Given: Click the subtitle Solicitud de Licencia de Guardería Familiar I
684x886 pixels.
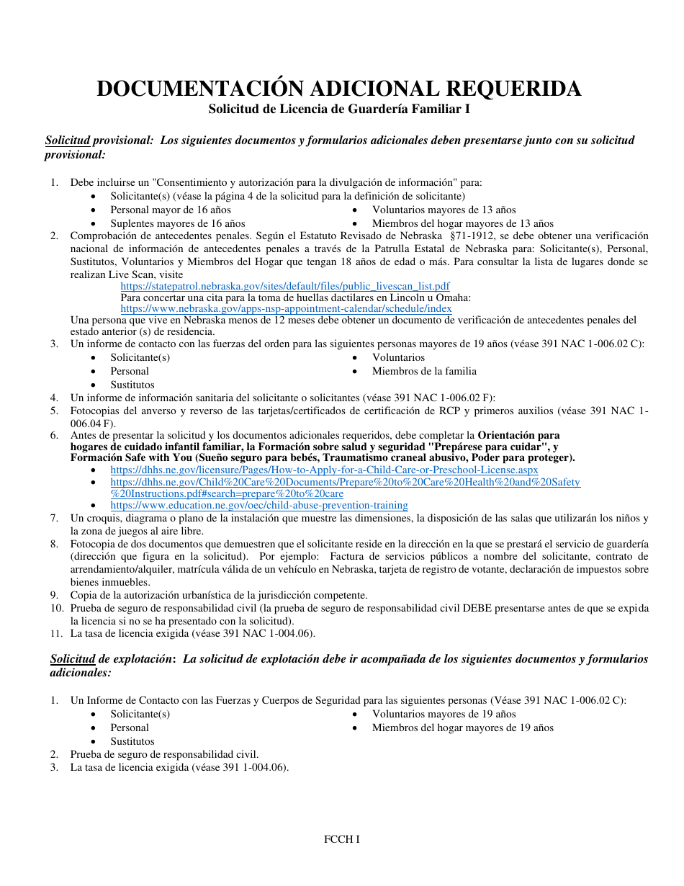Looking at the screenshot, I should tap(339, 109).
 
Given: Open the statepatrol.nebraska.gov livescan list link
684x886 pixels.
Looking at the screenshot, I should tap(285, 286).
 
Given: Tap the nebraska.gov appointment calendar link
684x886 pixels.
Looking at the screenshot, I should tap(286, 308).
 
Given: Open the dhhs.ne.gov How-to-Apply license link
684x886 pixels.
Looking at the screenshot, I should tap(324, 470).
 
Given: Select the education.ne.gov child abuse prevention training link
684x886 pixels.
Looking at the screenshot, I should tap(259, 505).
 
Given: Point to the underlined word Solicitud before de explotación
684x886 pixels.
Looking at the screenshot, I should tap(72, 659).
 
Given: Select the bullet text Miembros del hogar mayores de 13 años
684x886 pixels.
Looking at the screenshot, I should tap(462, 223).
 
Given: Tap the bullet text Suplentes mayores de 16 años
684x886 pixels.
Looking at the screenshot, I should tap(177, 223).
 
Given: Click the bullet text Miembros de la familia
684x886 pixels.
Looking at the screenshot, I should tap(423, 371).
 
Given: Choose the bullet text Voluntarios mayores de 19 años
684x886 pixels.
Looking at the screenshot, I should tap(444, 714).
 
